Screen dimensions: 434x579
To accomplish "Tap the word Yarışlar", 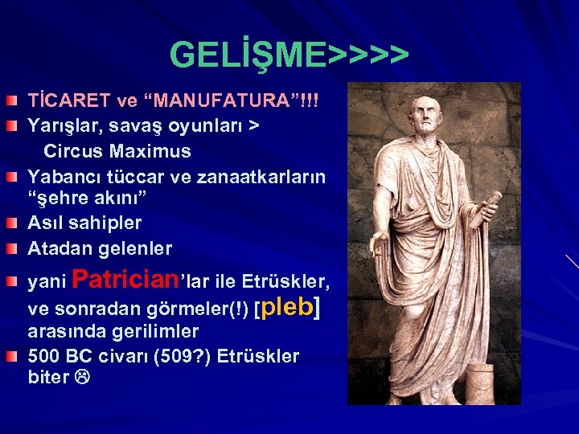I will (64, 127).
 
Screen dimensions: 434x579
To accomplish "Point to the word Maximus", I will (150, 151).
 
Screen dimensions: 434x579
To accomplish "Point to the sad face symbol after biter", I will (81, 378).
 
